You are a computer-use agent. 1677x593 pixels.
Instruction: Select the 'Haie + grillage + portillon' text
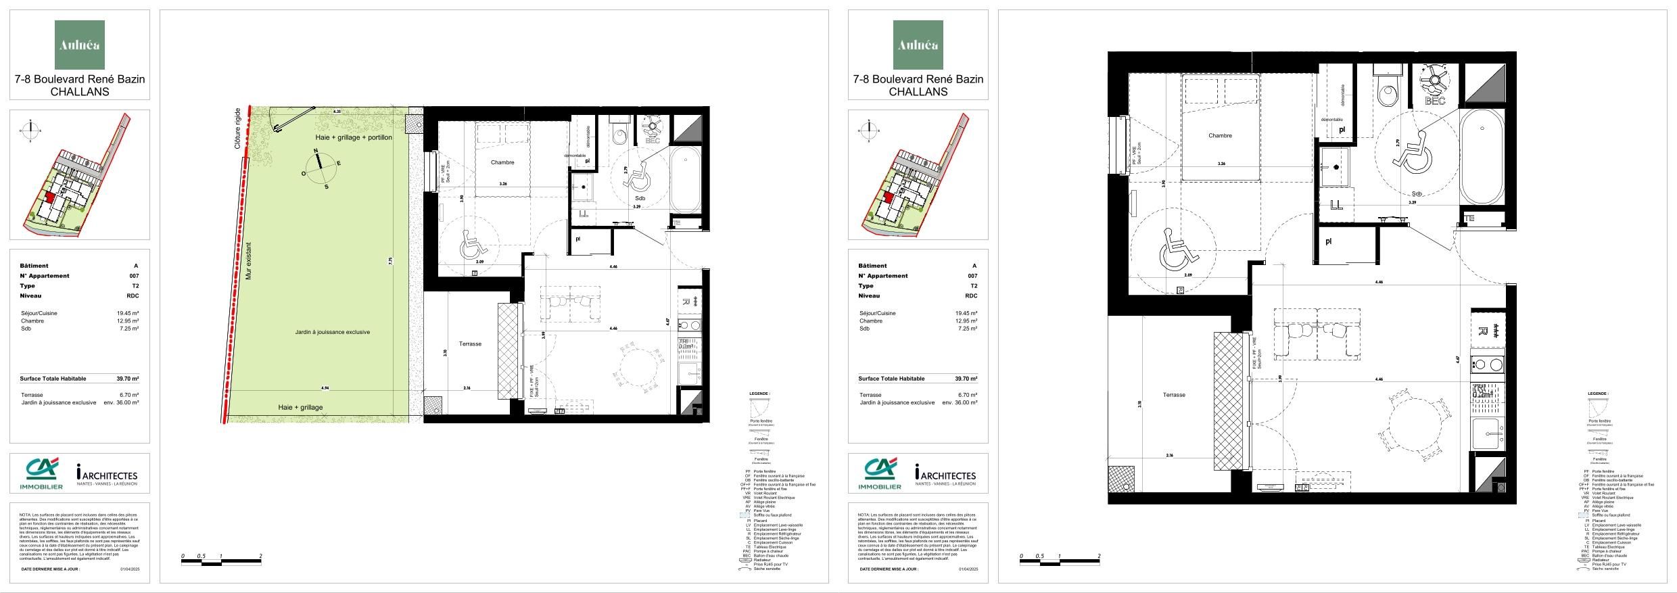[353, 138]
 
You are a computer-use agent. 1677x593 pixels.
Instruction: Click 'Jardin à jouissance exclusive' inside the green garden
[332, 332]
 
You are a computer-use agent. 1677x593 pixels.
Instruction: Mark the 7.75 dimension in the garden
[390, 260]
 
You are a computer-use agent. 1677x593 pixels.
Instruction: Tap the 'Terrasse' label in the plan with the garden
[470, 343]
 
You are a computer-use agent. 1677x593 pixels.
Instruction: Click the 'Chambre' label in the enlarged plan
[1220, 136]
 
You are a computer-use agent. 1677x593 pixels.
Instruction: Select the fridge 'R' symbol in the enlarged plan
[1482, 331]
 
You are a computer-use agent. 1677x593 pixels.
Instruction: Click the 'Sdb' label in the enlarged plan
[1416, 194]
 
